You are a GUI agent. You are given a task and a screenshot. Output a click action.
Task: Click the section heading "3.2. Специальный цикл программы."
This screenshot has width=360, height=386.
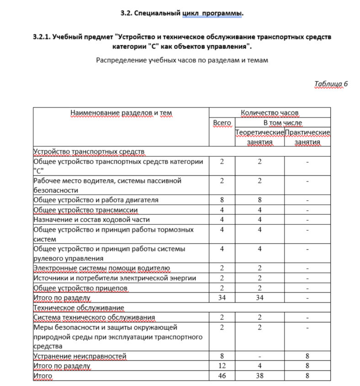182,13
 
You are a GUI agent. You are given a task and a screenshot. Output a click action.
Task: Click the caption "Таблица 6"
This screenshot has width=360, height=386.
331,84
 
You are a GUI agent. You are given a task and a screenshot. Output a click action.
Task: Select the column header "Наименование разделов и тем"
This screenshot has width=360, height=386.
121,112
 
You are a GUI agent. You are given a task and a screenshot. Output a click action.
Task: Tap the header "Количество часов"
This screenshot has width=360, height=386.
270,112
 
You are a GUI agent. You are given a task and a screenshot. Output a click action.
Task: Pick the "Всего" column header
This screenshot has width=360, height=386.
222,122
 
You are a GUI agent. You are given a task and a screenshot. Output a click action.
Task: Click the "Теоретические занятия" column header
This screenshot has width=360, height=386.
259,137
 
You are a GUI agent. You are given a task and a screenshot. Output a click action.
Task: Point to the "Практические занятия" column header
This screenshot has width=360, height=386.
307,137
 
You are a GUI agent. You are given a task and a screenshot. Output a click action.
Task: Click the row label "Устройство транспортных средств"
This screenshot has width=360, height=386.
89,152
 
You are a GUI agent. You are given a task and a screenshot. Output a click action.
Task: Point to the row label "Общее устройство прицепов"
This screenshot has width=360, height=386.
80,288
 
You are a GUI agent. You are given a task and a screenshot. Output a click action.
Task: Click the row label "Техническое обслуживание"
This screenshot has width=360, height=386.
79,307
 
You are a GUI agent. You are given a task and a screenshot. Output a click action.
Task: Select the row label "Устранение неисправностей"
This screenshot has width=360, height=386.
80,356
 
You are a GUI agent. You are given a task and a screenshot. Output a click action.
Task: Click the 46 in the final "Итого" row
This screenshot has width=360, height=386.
222,375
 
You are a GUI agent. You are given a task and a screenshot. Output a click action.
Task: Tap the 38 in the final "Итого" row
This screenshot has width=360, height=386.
259,375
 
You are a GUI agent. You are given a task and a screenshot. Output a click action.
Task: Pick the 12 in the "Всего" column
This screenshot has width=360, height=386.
222,366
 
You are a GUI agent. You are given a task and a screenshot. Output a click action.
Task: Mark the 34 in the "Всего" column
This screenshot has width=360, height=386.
222,298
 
